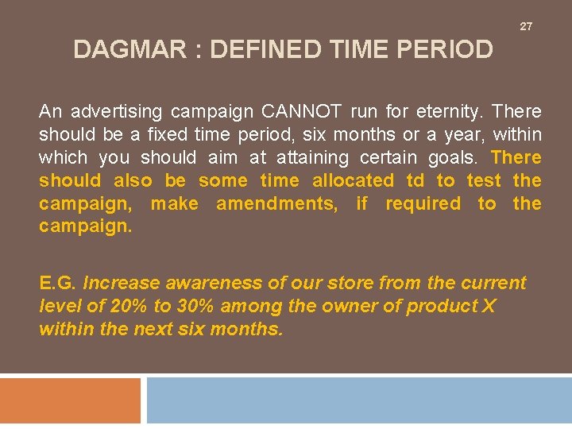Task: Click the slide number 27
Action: (526, 27)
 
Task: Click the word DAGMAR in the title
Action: (127, 50)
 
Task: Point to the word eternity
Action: (446, 111)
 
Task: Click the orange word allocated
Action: (353, 180)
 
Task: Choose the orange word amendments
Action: (276, 203)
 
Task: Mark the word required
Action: (423, 203)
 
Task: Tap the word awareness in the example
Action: (194, 283)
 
